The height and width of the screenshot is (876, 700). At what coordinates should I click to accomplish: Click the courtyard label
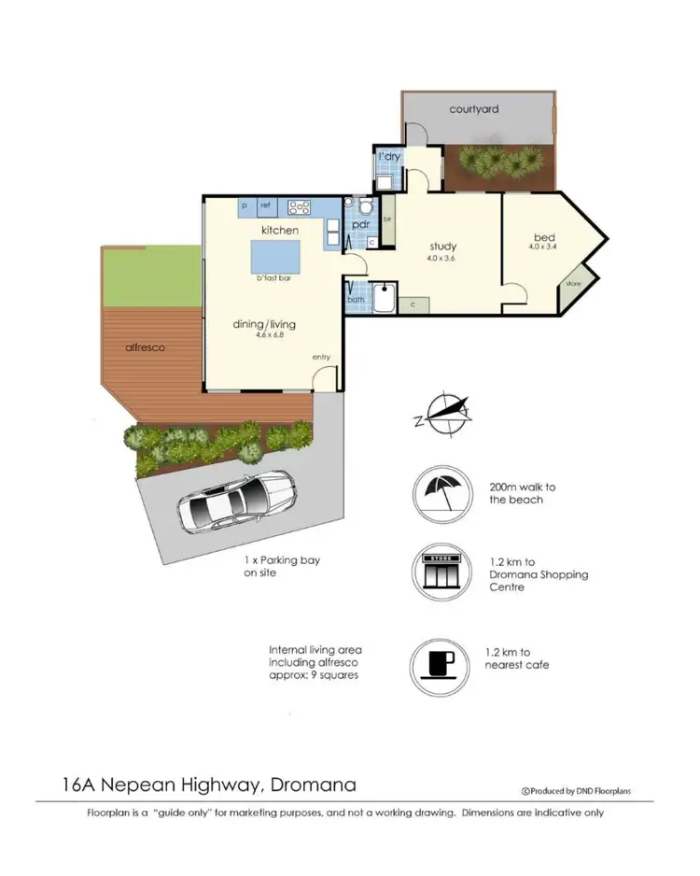473,109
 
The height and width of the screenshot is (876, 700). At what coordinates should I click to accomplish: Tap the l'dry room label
389,157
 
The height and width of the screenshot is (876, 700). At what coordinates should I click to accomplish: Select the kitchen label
279,230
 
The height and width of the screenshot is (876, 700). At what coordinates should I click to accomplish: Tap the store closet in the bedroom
572,285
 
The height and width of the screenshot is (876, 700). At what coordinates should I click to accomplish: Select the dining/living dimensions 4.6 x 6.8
263,334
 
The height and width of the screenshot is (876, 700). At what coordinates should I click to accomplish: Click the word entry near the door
321,357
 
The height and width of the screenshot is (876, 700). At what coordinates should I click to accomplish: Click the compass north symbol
443,414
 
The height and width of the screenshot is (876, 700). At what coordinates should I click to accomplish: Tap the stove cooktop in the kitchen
300,205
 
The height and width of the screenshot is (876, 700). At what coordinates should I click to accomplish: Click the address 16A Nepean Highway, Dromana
196,784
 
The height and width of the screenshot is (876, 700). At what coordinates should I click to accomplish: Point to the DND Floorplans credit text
576,791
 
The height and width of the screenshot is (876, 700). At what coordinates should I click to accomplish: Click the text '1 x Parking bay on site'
269,566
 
